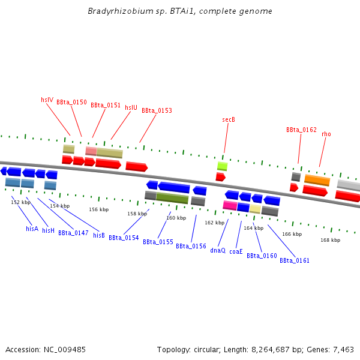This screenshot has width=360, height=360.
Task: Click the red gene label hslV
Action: [x=47, y=100]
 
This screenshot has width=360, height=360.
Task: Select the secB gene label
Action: [x=229, y=119]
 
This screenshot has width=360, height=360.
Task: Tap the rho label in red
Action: [x=326, y=134]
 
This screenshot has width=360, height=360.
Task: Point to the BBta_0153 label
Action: [x=157, y=110]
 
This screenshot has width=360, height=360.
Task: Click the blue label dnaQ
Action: [x=218, y=250]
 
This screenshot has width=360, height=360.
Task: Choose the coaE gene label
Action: [x=236, y=251]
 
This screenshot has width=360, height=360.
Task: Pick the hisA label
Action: [x=32, y=229]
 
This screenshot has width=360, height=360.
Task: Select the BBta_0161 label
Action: [x=295, y=260]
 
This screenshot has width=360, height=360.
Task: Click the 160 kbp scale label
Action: [x=176, y=218]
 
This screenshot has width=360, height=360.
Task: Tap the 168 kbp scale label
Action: [x=331, y=240]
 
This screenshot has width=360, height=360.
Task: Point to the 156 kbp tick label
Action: [x=99, y=209]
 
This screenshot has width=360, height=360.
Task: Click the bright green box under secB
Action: [x=223, y=166]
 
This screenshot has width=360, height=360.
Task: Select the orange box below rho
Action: [x=317, y=180]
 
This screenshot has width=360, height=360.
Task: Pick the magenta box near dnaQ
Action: [x=230, y=205]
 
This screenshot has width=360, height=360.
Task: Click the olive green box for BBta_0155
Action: [x=172, y=198]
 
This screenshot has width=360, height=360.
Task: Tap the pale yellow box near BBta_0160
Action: [x=256, y=209]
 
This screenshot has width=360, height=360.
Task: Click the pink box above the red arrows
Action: [x=91, y=151]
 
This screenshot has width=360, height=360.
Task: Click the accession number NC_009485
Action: [x=65, y=350]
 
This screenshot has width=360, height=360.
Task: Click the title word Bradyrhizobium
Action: [x=121, y=11]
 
